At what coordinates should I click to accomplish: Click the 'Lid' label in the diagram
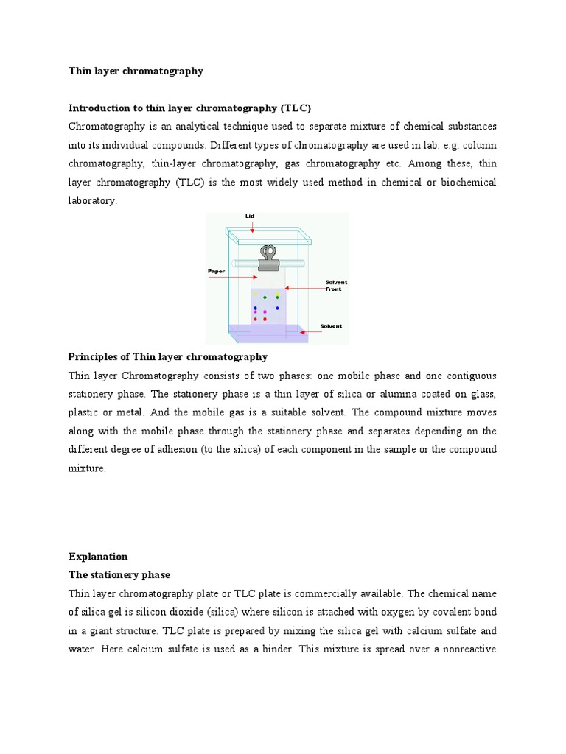(249, 216)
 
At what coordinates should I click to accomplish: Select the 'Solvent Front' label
(336, 286)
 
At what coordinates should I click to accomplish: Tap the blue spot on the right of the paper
(277, 309)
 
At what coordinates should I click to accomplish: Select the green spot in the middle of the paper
(265, 297)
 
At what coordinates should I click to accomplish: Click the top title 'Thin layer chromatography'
(136, 71)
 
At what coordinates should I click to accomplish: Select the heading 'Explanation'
(98, 556)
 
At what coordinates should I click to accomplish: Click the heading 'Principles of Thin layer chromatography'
(168, 357)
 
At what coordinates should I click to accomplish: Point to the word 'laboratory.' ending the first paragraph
(93, 201)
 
